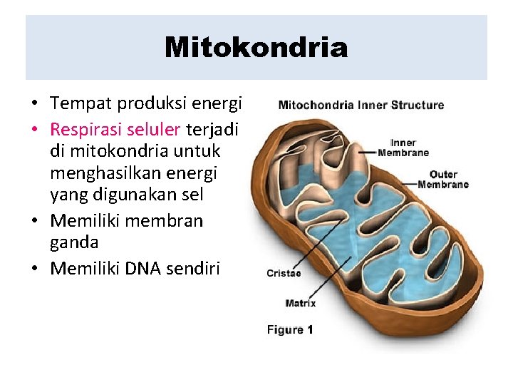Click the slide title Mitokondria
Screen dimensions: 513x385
click(x=256, y=48)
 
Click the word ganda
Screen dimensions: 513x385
click(x=74, y=242)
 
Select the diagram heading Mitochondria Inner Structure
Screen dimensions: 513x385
click(x=361, y=105)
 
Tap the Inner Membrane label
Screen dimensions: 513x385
click(x=403, y=148)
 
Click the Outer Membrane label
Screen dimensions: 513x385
click(x=443, y=179)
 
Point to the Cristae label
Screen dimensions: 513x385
click(x=284, y=272)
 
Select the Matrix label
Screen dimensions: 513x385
click(x=300, y=303)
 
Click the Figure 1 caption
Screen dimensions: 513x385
click(x=290, y=329)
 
